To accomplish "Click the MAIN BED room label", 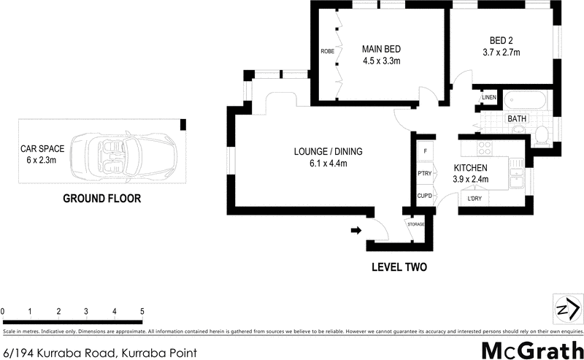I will (x=382, y=49).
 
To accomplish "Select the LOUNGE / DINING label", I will (x=328, y=152).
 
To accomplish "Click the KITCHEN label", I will (x=471, y=167).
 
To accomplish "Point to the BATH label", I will (x=517, y=118).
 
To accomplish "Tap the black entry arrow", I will (x=356, y=231).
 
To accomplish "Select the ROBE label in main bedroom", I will (x=327, y=52).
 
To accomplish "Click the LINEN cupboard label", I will (x=488, y=98).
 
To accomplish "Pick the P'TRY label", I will (x=423, y=173).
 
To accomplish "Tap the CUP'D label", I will (x=423, y=196).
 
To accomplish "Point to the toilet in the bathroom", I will (x=541, y=136).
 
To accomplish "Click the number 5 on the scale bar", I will (x=142, y=312).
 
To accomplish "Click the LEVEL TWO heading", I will (x=399, y=267).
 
